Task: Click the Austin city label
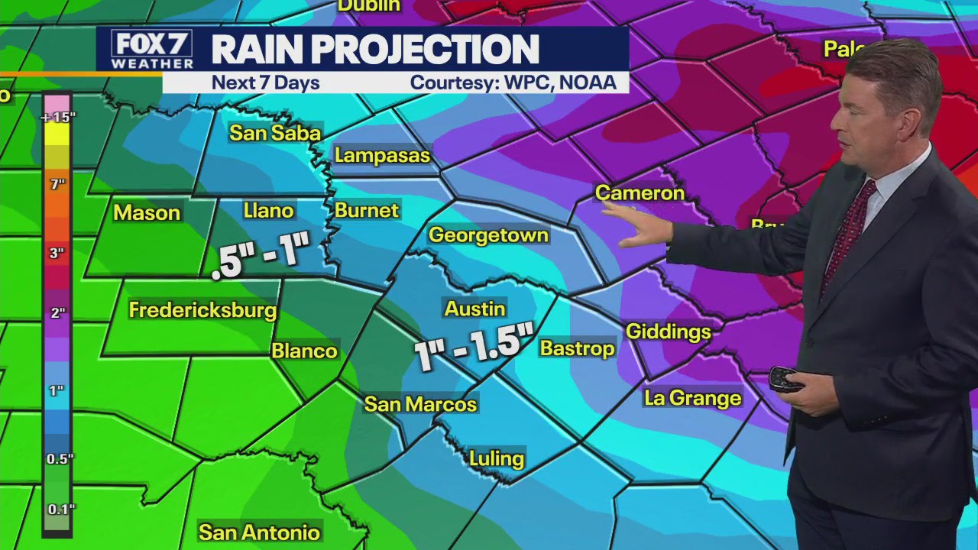[x=474, y=309]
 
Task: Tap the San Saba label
[x=275, y=133]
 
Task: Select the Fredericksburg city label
[x=202, y=310]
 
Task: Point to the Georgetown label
[x=488, y=235]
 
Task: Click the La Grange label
[x=692, y=398]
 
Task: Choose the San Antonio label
[x=259, y=532]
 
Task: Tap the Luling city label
[x=497, y=458]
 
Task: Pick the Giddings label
[x=669, y=332]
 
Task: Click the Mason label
[x=147, y=213]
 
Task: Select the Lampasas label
[x=383, y=156]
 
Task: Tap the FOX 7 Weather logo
[x=151, y=50]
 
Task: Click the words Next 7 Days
[x=265, y=82]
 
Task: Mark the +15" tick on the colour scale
[x=57, y=118]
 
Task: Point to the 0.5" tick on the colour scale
[x=60, y=458]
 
